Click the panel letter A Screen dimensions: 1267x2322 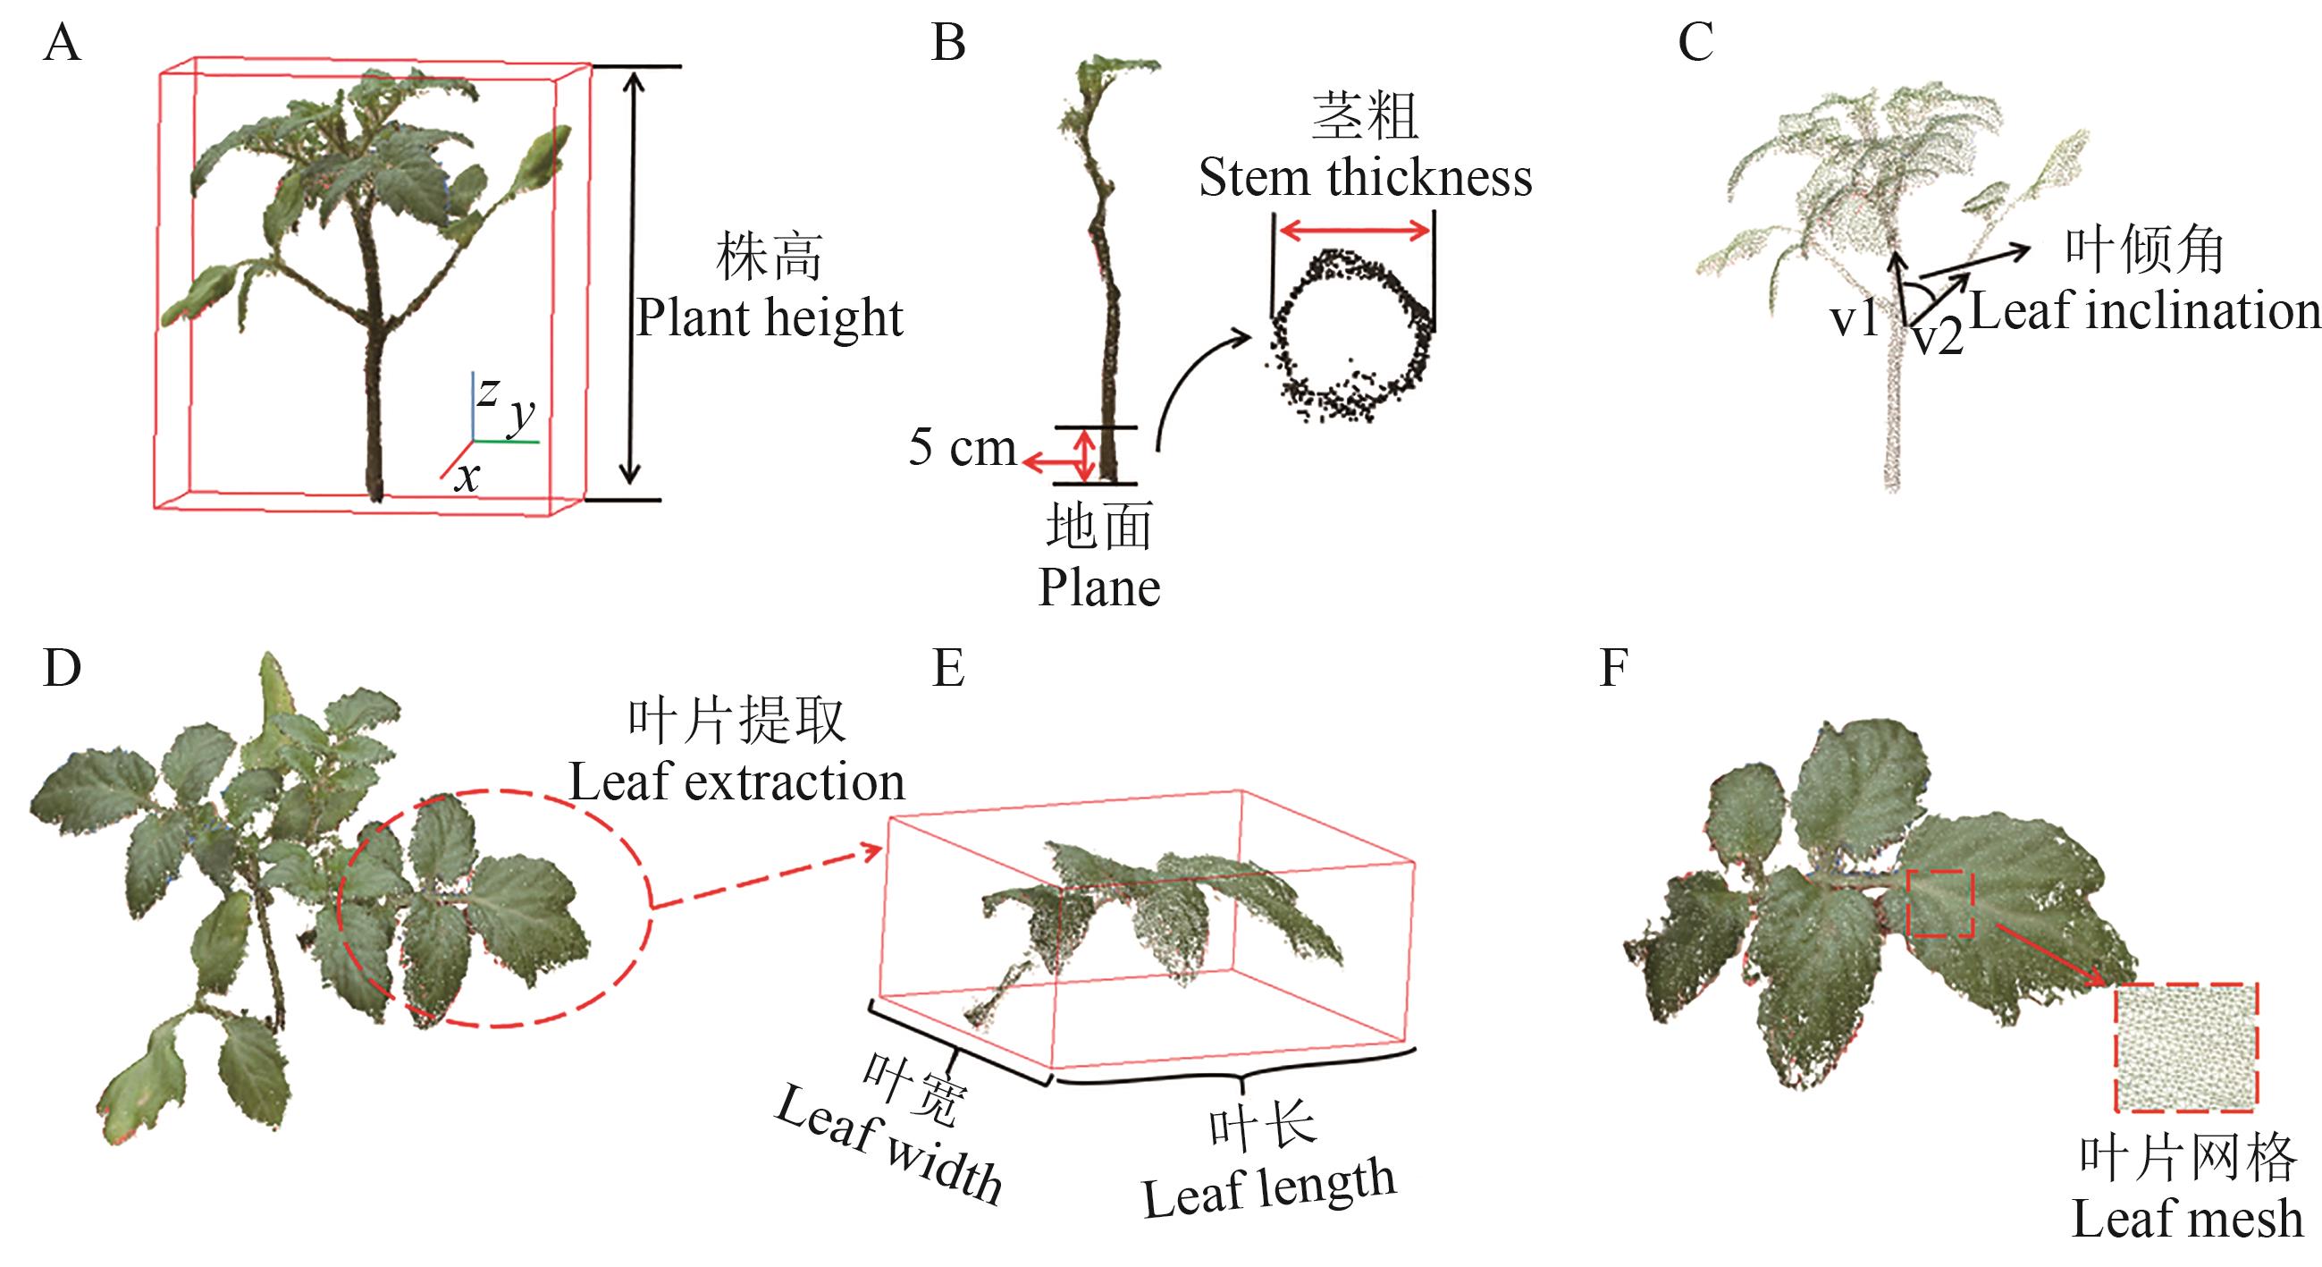[x=62, y=43]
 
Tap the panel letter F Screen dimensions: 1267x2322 [x=1613, y=669]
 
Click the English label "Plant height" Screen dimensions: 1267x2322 [x=770, y=317]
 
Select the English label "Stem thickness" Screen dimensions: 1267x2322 [x=1365, y=178]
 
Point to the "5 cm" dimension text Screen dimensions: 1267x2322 [x=962, y=447]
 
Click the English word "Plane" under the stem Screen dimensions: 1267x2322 [x=1098, y=588]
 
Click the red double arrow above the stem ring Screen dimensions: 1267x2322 [x=1354, y=231]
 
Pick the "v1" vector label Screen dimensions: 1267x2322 [x=1854, y=318]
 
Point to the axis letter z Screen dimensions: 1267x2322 [x=488, y=391]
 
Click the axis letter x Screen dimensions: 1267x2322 [x=467, y=477]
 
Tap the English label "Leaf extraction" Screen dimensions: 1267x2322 [x=736, y=781]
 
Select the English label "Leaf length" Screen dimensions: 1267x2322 [x=1269, y=1188]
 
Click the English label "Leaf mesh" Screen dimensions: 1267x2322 [x=2187, y=1220]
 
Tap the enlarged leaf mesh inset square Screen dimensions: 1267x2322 [x=2186, y=1047]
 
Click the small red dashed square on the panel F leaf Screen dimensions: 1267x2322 [x=1940, y=903]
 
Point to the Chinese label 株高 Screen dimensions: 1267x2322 [x=769, y=257]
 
